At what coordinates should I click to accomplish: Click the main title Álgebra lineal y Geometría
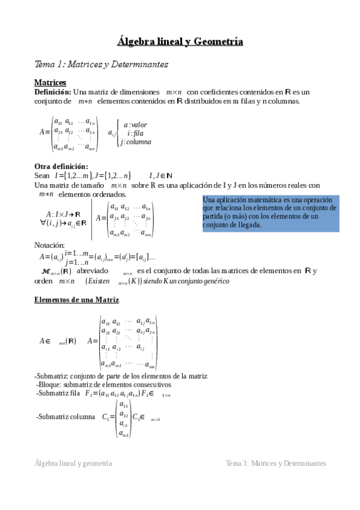[x=180, y=41]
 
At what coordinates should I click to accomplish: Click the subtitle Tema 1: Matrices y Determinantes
[x=101, y=64]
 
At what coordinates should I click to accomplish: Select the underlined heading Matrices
[x=50, y=82]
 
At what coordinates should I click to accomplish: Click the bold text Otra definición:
[x=61, y=166]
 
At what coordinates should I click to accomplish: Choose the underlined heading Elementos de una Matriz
[x=76, y=300]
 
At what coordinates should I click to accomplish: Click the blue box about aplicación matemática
[x=270, y=212]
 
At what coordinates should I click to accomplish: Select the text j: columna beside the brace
[x=135, y=142]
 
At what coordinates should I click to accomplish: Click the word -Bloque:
[x=49, y=384]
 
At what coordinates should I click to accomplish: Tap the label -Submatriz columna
[x=65, y=416]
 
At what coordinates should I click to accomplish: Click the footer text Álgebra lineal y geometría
[x=73, y=464]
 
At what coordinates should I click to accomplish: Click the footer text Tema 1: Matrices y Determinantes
[x=275, y=464]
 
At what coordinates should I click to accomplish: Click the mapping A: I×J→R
[x=63, y=214]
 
